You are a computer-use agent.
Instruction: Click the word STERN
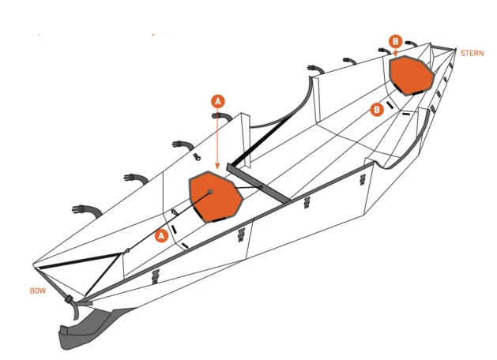coord(472,53)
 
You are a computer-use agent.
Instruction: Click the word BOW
coord(38,291)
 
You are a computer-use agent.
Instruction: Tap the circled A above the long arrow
coord(218,101)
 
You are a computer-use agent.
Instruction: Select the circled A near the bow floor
coord(162,236)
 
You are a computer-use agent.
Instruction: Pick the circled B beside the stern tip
coord(395,42)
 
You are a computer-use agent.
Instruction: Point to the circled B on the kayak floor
coord(377,110)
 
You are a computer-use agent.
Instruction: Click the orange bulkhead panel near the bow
coord(216,197)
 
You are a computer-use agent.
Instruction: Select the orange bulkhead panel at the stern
coord(412,75)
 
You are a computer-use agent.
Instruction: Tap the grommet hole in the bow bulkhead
coord(210,192)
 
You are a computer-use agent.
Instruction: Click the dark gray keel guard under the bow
coord(92,328)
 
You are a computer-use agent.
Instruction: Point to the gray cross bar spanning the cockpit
coord(258,183)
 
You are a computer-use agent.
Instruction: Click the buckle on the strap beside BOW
coord(69,299)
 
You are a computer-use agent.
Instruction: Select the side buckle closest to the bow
coord(155,277)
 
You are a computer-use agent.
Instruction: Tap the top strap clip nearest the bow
coord(85,210)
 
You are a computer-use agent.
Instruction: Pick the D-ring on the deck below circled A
coord(198,156)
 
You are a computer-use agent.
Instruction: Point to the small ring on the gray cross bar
coord(261,188)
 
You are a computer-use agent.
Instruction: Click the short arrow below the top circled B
coord(395,52)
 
